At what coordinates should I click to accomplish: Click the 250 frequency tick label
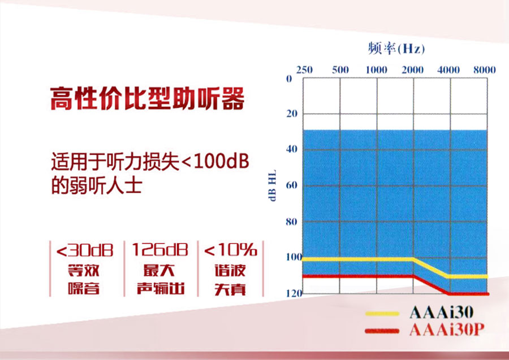tap(304, 70)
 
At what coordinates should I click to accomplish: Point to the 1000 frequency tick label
tap(377, 70)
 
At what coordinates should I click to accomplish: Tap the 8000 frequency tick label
tap(484, 70)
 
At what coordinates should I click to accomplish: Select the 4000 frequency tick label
tap(448, 70)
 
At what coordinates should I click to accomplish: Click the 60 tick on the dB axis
tap(291, 185)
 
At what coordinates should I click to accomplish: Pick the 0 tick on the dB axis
tap(289, 79)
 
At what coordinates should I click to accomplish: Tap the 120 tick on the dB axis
tap(294, 293)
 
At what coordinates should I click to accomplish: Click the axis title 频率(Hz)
tap(396, 49)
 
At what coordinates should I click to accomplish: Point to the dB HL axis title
tap(273, 185)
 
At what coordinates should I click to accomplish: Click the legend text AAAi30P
tap(447, 330)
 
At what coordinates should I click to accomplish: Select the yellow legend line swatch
tap(382, 314)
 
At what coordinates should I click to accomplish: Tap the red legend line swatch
tap(382, 331)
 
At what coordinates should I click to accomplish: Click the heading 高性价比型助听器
tap(147, 98)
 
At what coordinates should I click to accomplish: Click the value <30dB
tap(85, 250)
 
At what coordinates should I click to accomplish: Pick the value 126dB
tap(160, 250)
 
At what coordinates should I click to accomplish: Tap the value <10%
tap(231, 250)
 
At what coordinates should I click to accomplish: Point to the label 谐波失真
tap(230, 280)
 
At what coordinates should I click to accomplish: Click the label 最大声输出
tap(161, 280)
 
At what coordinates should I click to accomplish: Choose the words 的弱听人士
tap(97, 185)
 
